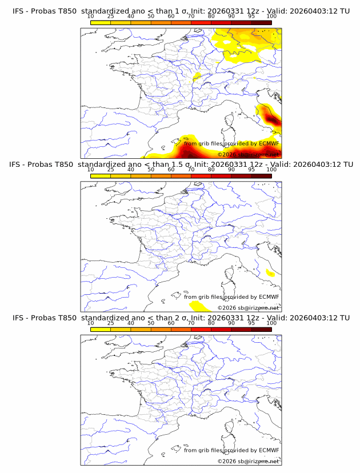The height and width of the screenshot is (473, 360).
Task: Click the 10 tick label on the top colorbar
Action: (x=90, y=17)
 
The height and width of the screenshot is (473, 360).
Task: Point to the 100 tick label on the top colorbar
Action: (x=271, y=17)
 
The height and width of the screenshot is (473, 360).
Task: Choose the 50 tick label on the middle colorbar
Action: (x=151, y=170)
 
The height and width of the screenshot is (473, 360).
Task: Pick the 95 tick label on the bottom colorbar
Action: (x=251, y=323)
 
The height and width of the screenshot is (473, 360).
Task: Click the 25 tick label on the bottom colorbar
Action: (x=111, y=323)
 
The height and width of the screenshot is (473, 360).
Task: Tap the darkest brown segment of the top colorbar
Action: (x=261, y=22)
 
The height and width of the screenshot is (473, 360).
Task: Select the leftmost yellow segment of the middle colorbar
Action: (x=101, y=175)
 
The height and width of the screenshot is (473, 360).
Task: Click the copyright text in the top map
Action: (x=248, y=154)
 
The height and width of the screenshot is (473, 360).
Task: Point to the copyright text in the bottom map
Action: (x=248, y=461)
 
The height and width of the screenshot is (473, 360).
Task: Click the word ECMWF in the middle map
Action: (x=269, y=296)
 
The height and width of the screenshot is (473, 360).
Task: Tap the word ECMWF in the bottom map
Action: (x=269, y=450)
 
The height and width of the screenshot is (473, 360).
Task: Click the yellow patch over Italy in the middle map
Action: (x=270, y=274)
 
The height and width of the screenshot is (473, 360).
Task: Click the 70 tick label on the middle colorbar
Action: (x=191, y=170)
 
